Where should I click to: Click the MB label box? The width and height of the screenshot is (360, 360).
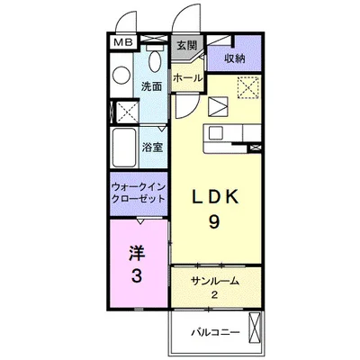pyautogui.click(x=123, y=42)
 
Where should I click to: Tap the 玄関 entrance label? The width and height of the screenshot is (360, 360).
pyautogui.click(x=186, y=45)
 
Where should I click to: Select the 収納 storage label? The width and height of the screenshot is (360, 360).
pyautogui.click(x=235, y=58)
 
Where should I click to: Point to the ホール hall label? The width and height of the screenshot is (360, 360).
pyautogui.click(x=187, y=78)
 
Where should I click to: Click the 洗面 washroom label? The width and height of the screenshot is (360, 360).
pyautogui.click(x=152, y=86)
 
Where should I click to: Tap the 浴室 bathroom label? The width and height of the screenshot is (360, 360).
pyautogui.click(x=152, y=147)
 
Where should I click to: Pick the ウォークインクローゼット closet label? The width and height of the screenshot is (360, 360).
pyautogui.click(x=139, y=193)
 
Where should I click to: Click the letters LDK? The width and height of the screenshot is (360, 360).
pyautogui.click(x=215, y=197)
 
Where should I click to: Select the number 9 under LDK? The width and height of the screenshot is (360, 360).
pyautogui.click(x=214, y=222)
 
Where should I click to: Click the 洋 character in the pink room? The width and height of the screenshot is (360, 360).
pyautogui.click(x=137, y=253)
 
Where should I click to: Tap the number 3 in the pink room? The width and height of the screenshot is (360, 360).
pyautogui.click(x=137, y=275)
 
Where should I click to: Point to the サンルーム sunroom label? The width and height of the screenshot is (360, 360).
pyautogui.click(x=215, y=281)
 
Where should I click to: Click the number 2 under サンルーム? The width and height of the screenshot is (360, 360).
pyautogui.click(x=214, y=295)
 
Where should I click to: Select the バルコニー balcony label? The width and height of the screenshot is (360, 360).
pyautogui.click(x=216, y=332)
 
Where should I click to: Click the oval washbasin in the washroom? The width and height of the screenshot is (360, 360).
pyautogui.click(x=155, y=61)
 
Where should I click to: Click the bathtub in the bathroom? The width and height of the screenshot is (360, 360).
pyautogui.click(x=123, y=148)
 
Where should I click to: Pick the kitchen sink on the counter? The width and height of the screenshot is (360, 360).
pyautogui.click(x=215, y=132)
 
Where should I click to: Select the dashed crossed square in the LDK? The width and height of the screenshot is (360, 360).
pyautogui.click(x=248, y=87)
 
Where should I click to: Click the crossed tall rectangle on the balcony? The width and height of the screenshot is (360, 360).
pyautogui.click(x=255, y=328)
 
